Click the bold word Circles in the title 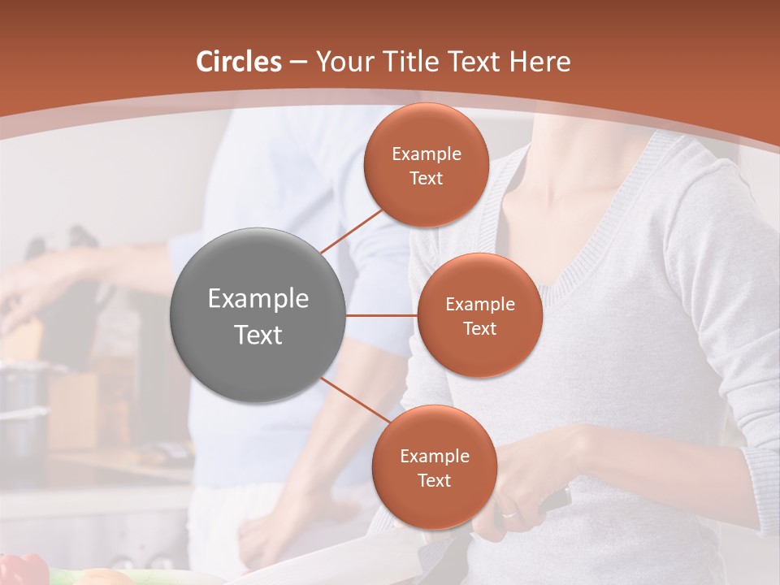(x=238, y=62)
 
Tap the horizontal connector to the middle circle (x=382, y=315)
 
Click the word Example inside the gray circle (x=258, y=299)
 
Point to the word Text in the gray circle (x=258, y=335)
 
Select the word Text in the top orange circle (x=427, y=179)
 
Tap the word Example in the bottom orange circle (x=434, y=457)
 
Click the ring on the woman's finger (x=508, y=514)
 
